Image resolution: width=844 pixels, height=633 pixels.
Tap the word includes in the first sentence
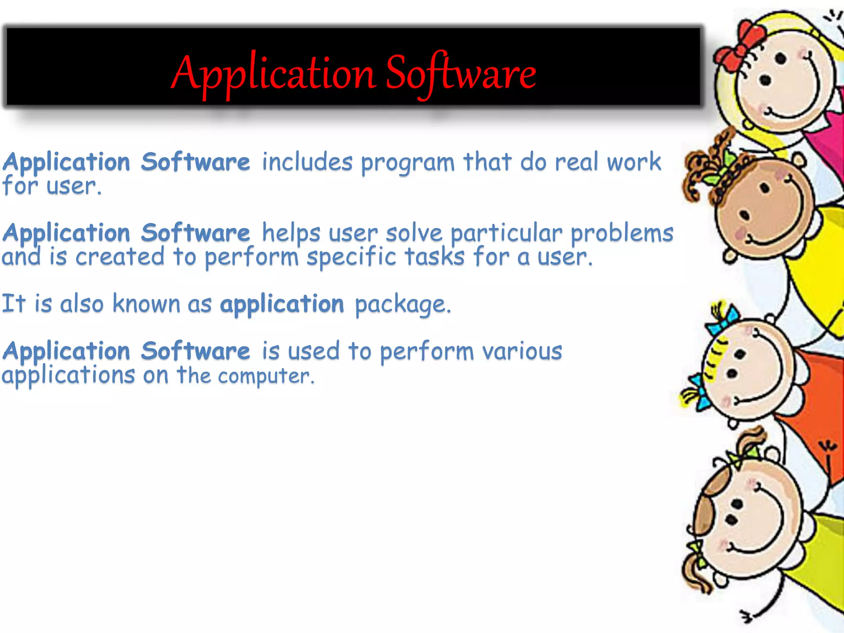click(x=307, y=162)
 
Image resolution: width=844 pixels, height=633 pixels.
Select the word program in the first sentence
click(x=408, y=163)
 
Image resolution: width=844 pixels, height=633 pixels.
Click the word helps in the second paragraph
click(x=291, y=233)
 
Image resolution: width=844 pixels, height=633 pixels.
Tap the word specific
click(x=352, y=257)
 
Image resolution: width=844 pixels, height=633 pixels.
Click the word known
click(x=146, y=304)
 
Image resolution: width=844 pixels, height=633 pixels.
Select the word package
click(x=402, y=305)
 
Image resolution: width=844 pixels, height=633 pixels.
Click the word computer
click(x=266, y=376)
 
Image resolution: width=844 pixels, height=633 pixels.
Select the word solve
click(x=414, y=233)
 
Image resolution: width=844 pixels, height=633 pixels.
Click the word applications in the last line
click(x=68, y=376)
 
